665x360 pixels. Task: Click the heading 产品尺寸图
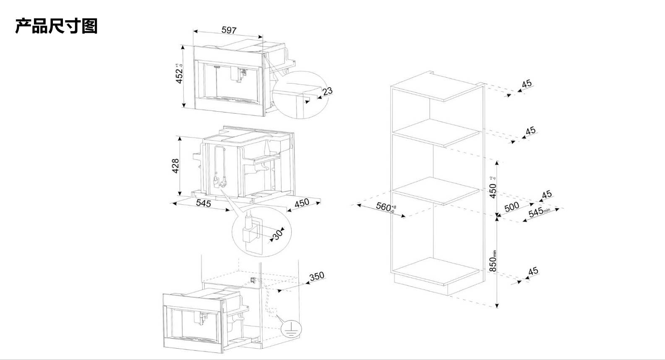click(56, 26)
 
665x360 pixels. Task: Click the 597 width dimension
click(229, 30)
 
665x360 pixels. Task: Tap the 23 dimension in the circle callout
click(327, 91)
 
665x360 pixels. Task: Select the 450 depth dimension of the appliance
click(302, 203)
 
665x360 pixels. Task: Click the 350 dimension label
click(317, 276)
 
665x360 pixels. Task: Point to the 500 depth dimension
click(511, 206)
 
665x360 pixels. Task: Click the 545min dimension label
click(538, 212)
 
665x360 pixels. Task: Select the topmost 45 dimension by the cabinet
click(527, 83)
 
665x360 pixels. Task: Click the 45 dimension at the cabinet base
click(533, 271)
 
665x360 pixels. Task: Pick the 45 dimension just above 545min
click(547, 195)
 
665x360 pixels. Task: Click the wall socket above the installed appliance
click(253, 280)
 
